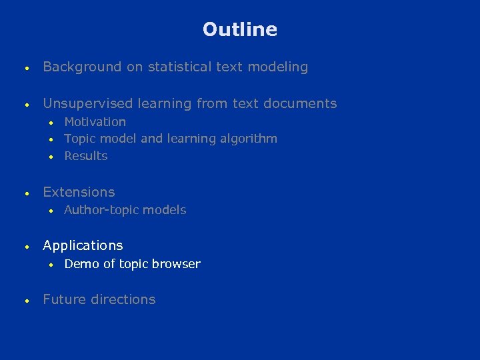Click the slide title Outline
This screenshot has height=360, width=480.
pos(240,29)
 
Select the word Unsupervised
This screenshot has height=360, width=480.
pos(89,103)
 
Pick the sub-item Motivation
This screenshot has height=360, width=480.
pos(95,122)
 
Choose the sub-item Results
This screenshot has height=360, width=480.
pos(86,156)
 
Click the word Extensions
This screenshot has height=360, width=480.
pos(79,192)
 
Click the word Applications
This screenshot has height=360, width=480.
pos(83,245)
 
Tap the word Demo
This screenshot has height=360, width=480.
pos(81,264)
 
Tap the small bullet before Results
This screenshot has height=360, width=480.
pos(51,157)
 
